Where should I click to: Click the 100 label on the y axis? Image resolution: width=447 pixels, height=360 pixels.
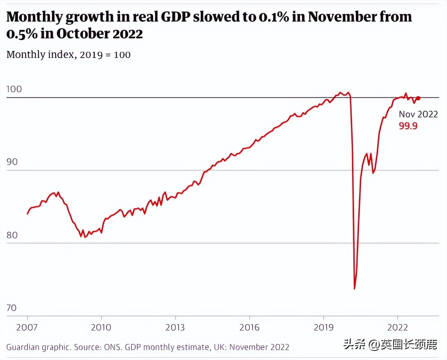14,89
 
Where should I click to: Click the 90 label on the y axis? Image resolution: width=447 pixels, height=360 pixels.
12,162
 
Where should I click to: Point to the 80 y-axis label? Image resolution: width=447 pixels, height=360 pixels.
12,235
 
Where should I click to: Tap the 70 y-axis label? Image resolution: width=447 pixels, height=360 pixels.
12,308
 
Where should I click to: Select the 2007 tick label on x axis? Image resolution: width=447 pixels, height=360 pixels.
27,327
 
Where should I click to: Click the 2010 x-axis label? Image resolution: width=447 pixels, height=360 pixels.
101,327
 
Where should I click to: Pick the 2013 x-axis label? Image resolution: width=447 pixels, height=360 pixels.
175,327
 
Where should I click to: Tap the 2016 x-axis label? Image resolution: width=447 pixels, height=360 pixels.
249,327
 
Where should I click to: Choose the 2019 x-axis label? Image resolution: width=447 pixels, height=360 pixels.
324,327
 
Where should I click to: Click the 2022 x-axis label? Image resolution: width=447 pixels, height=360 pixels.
397,327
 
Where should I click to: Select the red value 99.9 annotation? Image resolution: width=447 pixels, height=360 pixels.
408,126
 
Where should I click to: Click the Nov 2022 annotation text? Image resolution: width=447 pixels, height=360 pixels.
418,114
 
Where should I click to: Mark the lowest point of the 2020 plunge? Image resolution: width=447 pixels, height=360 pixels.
354,289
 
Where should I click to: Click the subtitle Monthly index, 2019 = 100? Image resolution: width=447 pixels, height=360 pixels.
68,55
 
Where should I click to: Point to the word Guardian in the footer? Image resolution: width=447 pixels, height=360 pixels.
21,347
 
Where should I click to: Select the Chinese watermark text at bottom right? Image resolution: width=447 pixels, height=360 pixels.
390,345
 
